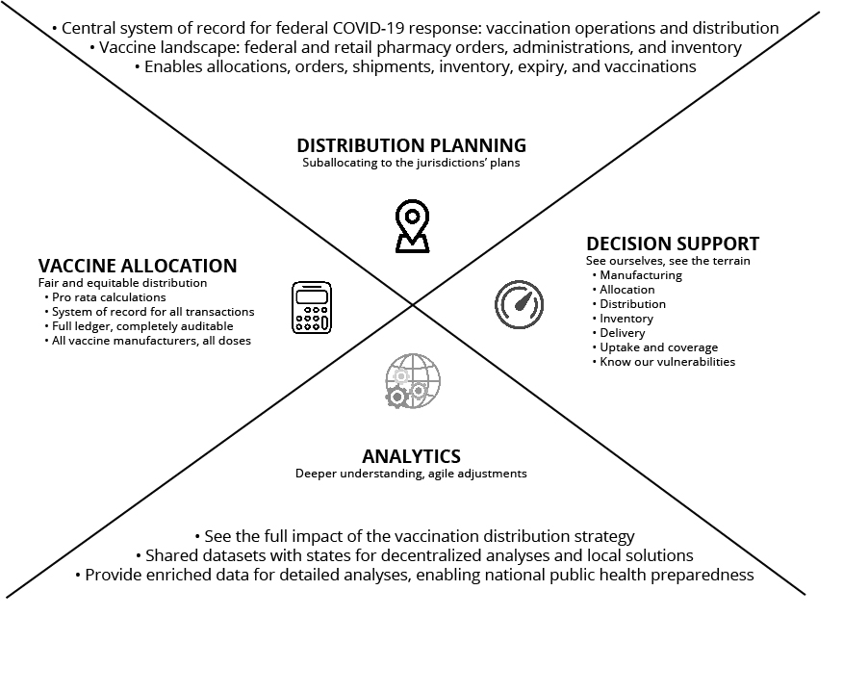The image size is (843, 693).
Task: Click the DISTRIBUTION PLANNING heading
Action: point(411,145)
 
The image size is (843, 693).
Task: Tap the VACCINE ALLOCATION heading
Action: point(138,266)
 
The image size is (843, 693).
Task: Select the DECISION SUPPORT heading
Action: point(673,244)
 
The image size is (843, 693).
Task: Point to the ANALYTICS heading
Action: point(411,456)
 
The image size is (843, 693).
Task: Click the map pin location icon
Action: point(412,226)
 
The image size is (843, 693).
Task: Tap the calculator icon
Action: point(311,307)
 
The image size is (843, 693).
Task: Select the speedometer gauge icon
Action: point(519,304)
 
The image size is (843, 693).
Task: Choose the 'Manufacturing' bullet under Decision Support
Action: point(640,275)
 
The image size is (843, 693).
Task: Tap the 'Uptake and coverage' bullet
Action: point(658,347)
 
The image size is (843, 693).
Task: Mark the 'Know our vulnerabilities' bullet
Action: point(667,362)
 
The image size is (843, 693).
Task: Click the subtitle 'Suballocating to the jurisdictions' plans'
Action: point(411,164)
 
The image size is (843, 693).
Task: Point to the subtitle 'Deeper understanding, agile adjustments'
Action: point(411,474)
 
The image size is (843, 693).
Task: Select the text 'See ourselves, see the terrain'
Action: point(668,261)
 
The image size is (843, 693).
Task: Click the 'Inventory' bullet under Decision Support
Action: point(626,319)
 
